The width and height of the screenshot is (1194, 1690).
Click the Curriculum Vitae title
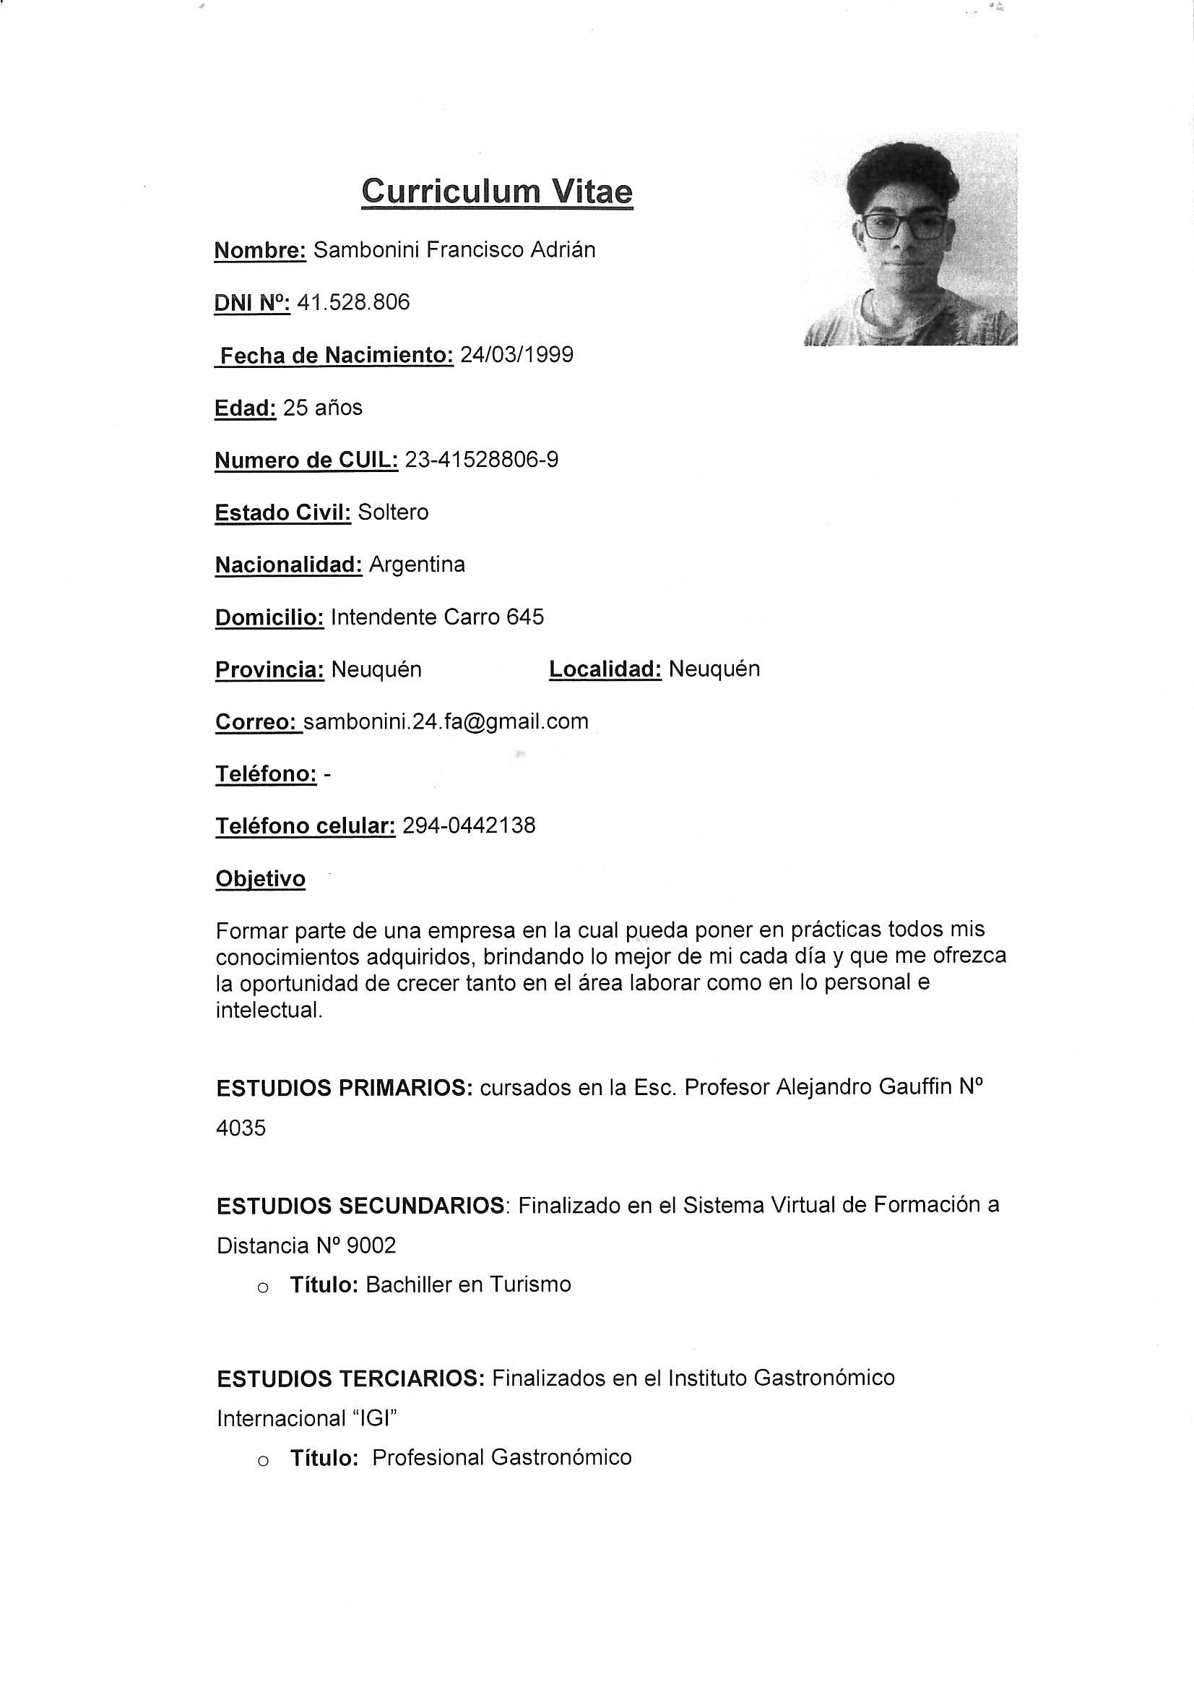click(x=496, y=192)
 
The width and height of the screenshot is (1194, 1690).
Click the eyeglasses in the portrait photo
click(x=904, y=226)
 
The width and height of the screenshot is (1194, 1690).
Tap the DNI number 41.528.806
click(x=353, y=303)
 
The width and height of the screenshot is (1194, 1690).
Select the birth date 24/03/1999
click(x=516, y=355)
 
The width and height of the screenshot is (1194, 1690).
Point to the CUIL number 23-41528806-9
click(x=482, y=460)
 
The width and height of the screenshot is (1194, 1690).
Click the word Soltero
click(x=393, y=512)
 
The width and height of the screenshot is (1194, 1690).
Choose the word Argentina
click(x=417, y=565)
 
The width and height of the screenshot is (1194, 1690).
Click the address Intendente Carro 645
click(x=437, y=617)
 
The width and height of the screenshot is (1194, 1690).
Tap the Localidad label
click(x=605, y=669)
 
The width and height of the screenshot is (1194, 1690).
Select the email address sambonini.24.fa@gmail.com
click(x=446, y=721)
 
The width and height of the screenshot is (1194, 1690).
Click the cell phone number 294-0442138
click(x=469, y=826)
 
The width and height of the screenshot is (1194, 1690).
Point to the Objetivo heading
click(x=261, y=879)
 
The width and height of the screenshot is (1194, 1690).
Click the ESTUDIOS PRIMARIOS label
click(x=345, y=1088)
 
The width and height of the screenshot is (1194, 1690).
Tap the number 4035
click(x=241, y=1128)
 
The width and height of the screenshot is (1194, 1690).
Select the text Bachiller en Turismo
click(x=468, y=1284)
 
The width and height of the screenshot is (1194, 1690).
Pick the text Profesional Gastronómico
click(x=502, y=1458)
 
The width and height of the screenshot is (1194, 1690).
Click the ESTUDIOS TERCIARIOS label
click(x=350, y=1378)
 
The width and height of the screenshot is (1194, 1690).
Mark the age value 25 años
click(x=322, y=408)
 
